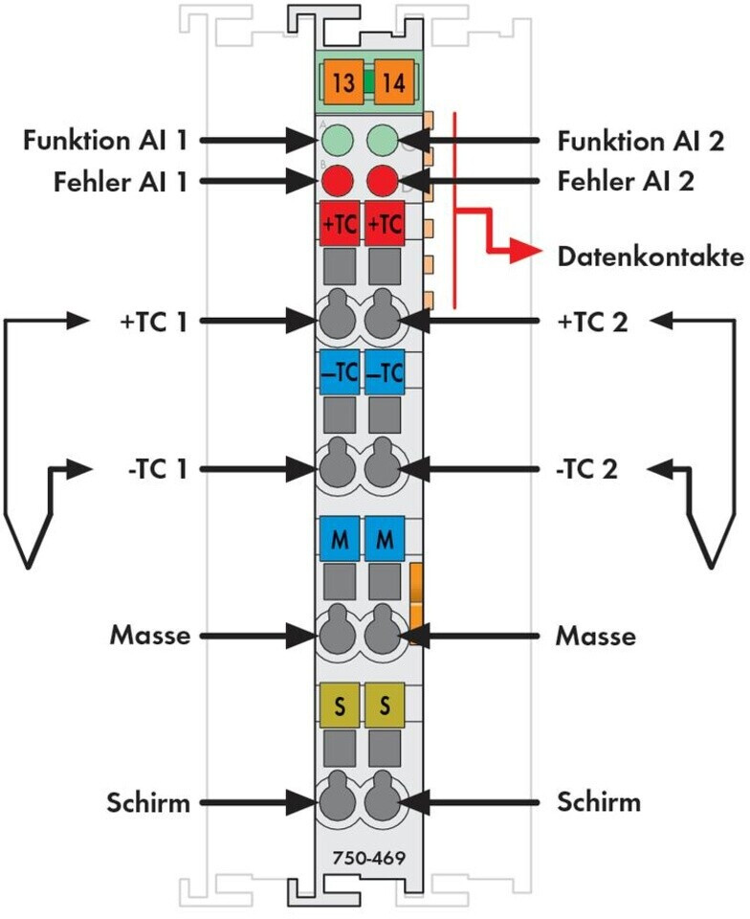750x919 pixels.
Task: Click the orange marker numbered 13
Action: tap(342, 81)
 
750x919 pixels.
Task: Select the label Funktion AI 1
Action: tap(105, 141)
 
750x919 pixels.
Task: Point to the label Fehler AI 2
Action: tap(626, 181)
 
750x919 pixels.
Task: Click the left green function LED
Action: tap(338, 141)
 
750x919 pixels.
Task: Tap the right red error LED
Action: tap(383, 181)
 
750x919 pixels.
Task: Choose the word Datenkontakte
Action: tap(651, 257)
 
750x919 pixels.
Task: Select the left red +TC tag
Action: tap(340, 223)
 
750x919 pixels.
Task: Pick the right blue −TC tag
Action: tap(385, 371)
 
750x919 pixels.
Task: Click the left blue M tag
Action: tap(340, 539)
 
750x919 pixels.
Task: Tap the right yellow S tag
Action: tap(385, 705)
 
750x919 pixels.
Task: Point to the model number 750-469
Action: tap(369, 858)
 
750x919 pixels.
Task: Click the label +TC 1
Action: tap(153, 322)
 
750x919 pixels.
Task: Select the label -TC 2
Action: tap(587, 469)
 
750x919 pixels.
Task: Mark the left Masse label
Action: tap(150, 636)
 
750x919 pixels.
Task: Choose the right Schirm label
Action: tap(599, 802)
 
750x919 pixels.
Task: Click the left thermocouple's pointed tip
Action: tap(27, 566)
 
